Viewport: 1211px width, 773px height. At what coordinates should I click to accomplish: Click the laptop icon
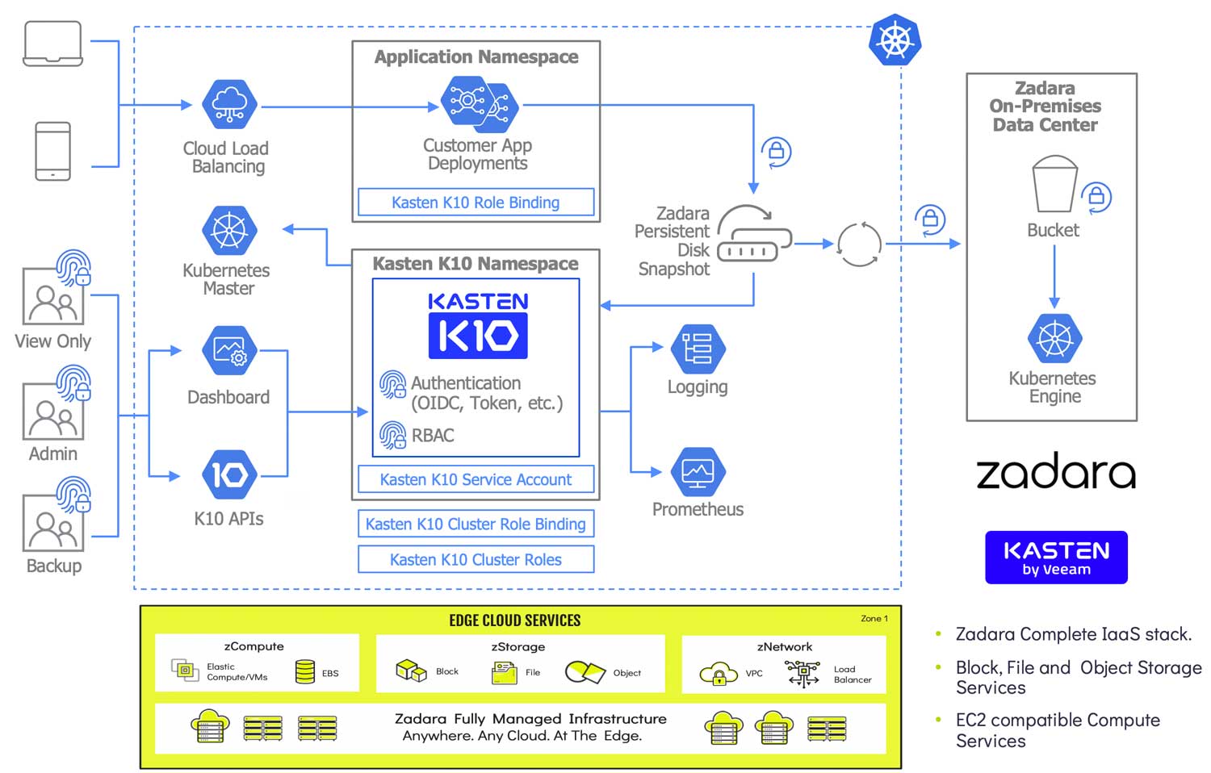53,44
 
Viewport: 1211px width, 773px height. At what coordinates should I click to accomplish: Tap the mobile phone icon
53,151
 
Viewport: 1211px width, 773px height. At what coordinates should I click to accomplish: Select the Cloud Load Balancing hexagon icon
229,105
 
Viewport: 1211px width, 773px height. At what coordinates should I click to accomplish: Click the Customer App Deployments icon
479,105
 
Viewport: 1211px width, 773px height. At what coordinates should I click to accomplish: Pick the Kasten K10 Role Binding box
476,203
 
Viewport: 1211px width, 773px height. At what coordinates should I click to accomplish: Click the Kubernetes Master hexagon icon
229,231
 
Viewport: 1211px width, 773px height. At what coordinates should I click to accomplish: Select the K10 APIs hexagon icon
229,474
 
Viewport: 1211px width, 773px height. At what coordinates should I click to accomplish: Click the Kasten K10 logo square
478,335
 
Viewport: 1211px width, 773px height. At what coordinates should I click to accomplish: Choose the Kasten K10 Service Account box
476,479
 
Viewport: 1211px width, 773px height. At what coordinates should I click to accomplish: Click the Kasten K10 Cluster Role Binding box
476,524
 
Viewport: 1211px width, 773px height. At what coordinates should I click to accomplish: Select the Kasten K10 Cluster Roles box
476,559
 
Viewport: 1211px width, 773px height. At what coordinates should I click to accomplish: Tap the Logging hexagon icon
698,349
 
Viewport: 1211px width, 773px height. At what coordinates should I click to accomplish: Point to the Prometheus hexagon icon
698,472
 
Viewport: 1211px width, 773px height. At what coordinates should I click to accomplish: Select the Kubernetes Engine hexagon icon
1054,339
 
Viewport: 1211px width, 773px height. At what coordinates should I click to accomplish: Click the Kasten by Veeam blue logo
1056,558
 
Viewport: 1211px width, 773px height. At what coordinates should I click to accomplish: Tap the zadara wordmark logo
1056,473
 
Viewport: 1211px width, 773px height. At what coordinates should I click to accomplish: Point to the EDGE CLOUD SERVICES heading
514,620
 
